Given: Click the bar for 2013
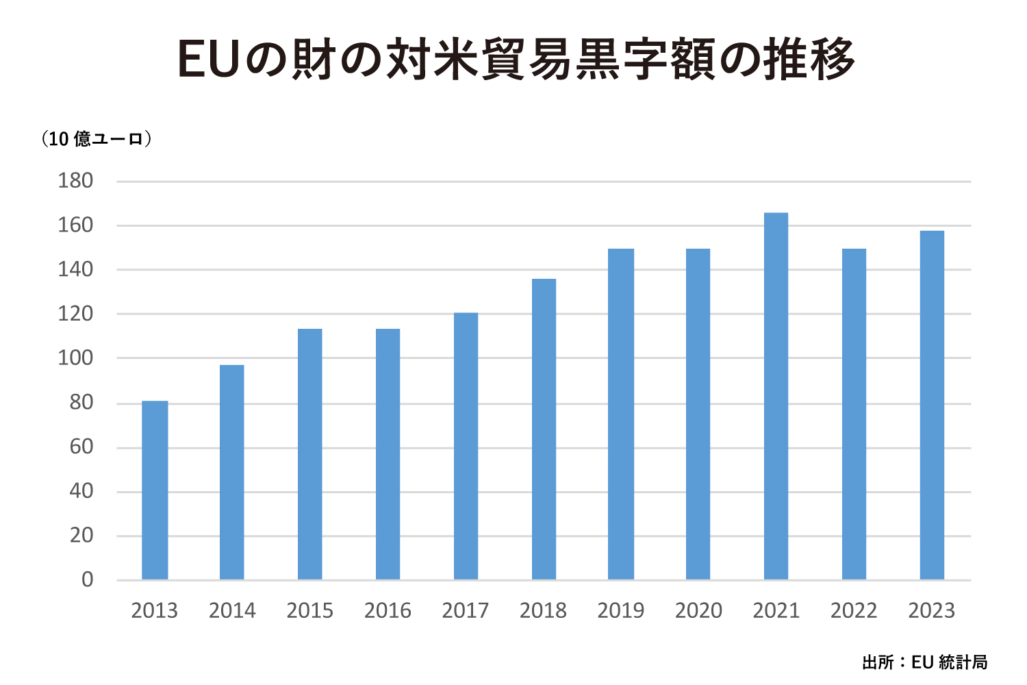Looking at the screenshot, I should pyautogui.click(x=155, y=490).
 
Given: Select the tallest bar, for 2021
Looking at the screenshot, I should pyautogui.click(x=776, y=397).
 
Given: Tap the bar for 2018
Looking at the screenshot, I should pyautogui.click(x=544, y=429).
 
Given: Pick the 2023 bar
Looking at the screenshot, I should pyautogui.click(x=932, y=406).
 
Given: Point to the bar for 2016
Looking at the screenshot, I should pyautogui.click(x=388, y=454).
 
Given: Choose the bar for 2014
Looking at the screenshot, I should pyautogui.click(x=232, y=473).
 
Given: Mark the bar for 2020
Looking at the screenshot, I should pyautogui.click(x=698, y=414).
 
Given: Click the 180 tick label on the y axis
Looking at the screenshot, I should pyautogui.click(x=75, y=181).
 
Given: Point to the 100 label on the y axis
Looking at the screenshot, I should pyautogui.click(x=75, y=358).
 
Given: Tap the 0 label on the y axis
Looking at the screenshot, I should pyautogui.click(x=87, y=580).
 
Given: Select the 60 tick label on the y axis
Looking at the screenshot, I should pyautogui.click(x=81, y=447).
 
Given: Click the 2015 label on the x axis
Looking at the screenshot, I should pyautogui.click(x=309, y=610).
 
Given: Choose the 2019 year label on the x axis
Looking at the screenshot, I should pyautogui.click(x=620, y=610).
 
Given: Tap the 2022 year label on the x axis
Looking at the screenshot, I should pyautogui.click(x=854, y=610).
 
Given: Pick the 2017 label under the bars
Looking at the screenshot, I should pyautogui.click(x=465, y=610).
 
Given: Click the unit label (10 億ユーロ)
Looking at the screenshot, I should pyautogui.click(x=96, y=139).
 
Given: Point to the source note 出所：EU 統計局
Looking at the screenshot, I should pyautogui.click(x=925, y=662).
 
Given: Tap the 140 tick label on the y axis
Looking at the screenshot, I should pyautogui.click(x=75, y=270).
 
